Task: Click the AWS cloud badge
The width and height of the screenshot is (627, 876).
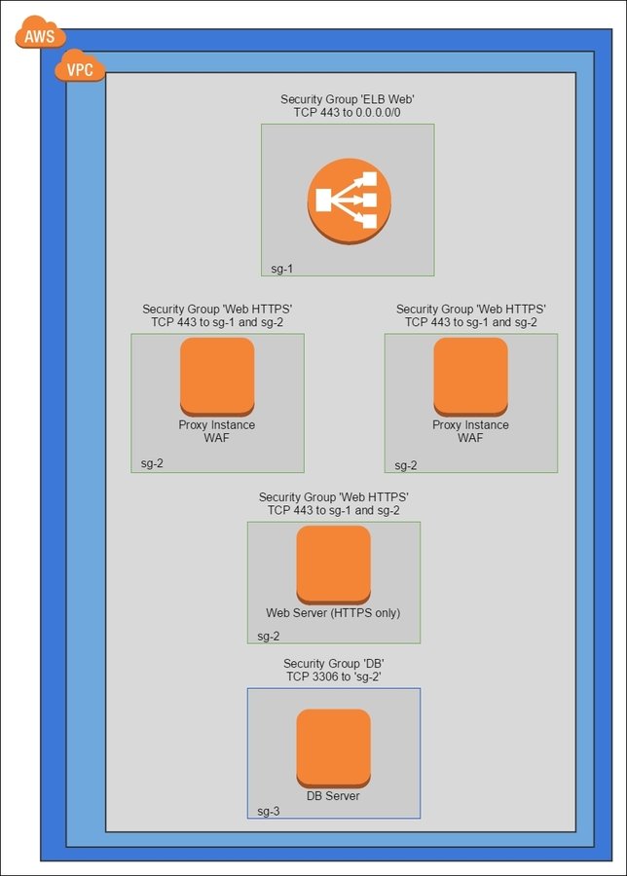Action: [x=40, y=35]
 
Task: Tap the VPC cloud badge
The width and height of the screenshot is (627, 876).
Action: [x=81, y=68]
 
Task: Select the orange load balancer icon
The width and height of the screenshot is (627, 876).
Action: [x=349, y=200]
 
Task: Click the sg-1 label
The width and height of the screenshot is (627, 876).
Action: [x=283, y=266]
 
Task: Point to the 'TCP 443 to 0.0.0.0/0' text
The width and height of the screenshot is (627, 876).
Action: [x=348, y=113]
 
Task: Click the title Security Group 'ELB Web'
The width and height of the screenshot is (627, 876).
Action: [x=348, y=99]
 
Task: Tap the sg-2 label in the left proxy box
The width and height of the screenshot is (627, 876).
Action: [x=152, y=463]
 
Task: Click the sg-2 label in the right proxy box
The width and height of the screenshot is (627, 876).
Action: [x=406, y=465]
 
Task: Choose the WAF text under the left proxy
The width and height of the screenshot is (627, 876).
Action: [x=217, y=438]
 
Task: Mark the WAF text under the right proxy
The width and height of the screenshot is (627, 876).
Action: [x=470, y=438]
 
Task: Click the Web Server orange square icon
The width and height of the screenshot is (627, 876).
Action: [x=334, y=564]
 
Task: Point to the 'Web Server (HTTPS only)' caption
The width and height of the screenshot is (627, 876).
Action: [x=333, y=613]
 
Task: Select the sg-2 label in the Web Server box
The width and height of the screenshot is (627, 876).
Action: [x=269, y=637]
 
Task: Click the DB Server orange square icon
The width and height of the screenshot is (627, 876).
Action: [x=334, y=747]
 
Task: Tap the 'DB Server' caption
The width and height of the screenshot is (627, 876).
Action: [x=333, y=796]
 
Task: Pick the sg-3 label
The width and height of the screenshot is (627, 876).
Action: [x=269, y=811]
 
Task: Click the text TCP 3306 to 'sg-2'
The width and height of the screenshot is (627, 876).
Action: [x=333, y=676]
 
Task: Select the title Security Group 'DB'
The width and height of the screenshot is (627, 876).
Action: [x=333, y=663]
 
